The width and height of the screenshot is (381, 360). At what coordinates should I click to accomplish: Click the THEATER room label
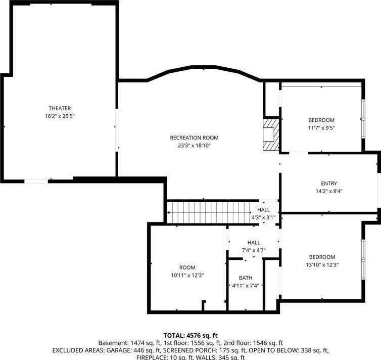[x=60, y=108]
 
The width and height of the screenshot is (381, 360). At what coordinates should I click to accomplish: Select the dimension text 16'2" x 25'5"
[x=60, y=116]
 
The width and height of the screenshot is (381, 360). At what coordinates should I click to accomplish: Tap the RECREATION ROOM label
[x=194, y=138]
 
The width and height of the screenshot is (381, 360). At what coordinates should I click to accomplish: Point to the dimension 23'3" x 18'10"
[x=194, y=146]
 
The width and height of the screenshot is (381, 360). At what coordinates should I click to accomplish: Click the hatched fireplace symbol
[x=271, y=134]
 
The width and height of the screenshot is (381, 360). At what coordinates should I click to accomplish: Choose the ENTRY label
[x=329, y=184]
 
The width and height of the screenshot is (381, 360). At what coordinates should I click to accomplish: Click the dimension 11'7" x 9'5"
[x=321, y=128]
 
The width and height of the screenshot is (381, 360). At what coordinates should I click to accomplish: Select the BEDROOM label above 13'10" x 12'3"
[x=322, y=257]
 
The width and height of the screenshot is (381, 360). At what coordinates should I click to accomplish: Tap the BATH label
[x=246, y=278]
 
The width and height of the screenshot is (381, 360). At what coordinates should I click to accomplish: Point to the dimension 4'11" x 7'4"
[x=246, y=286]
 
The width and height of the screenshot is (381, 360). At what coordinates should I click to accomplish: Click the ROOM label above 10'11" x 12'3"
[x=187, y=267]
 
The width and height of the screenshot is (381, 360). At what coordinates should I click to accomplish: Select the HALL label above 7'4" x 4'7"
[x=254, y=243]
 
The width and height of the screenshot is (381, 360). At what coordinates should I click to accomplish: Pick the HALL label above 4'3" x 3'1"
[x=263, y=209]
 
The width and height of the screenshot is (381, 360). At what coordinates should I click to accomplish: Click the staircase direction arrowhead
[x=169, y=213]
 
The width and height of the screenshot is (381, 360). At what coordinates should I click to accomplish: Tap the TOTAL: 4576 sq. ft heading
[x=190, y=335]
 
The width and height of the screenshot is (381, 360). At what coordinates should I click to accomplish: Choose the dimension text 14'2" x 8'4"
[x=329, y=191]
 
